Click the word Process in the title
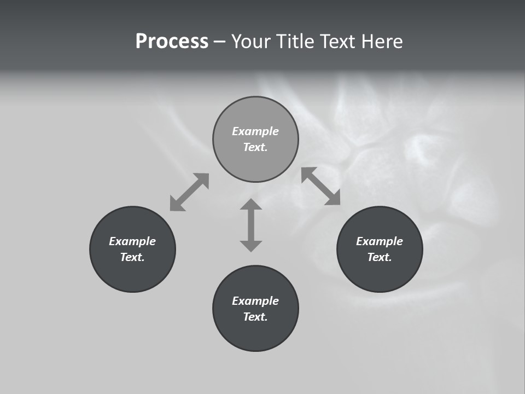click(172, 42)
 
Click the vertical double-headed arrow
click(251, 225)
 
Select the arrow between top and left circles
click(189, 192)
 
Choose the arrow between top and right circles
click(321, 186)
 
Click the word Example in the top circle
click(255, 131)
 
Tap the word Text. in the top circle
click(255, 147)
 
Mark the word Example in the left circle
click(132, 241)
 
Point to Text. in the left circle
click(132, 257)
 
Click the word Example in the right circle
click(380, 241)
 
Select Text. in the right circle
click(380, 257)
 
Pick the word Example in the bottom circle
click(255, 301)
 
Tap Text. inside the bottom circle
click(255, 317)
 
